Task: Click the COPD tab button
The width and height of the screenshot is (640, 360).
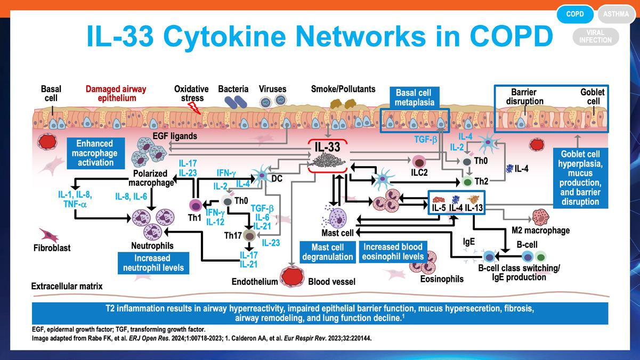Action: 575,14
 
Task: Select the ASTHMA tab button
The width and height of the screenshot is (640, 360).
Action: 616,14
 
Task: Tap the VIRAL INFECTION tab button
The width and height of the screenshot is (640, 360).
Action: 595,37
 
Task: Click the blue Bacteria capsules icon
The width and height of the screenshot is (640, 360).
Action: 233,103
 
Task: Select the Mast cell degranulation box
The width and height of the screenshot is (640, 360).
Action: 327,252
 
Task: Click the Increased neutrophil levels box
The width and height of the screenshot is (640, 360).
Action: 153,263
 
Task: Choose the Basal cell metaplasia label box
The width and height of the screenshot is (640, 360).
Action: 415,97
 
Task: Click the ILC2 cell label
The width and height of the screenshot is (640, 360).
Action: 419,173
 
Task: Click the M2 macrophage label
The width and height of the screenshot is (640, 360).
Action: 540,231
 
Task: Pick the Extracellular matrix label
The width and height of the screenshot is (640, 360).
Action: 67,287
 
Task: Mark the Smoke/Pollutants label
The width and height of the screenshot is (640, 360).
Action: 343,89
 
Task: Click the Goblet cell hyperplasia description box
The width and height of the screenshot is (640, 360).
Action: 580,178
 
